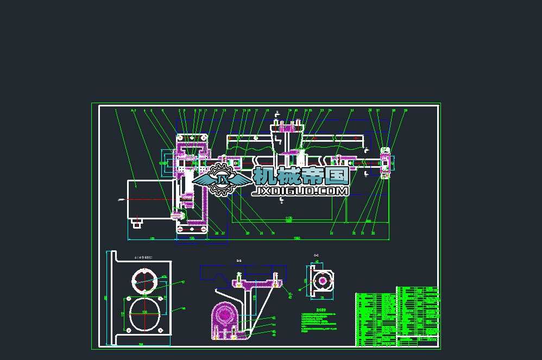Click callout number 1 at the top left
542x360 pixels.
pos(116,110)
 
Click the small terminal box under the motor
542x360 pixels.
pos(136,222)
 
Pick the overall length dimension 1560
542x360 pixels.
pos(297,238)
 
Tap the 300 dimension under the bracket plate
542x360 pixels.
pos(141,344)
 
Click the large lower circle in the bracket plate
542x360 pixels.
pos(144,314)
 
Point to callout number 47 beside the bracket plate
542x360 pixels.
pos(183,282)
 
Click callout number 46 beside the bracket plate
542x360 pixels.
pos(183,308)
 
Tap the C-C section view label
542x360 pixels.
pos(316,255)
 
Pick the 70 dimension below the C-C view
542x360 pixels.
pos(322,298)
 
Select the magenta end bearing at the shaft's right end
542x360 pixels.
pos(385,161)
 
